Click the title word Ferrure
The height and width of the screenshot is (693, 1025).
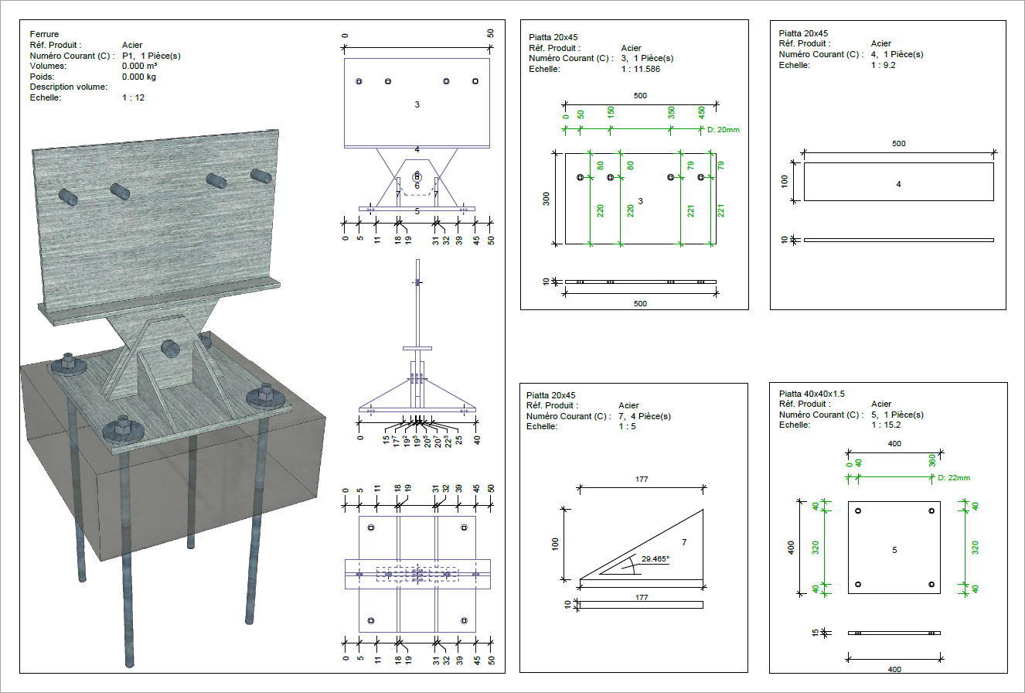click(44, 34)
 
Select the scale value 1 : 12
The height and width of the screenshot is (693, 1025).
click(133, 97)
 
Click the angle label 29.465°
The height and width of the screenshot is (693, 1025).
click(655, 559)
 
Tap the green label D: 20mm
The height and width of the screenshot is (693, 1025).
click(723, 129)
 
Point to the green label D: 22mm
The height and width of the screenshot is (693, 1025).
click(954, 477)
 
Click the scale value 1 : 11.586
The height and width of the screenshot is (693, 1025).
click(641, 69)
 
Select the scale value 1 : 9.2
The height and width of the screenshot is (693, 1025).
click(883, 65)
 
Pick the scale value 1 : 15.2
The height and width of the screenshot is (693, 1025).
click(886, 425)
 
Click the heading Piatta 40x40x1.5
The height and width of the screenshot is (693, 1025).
click(812, 394)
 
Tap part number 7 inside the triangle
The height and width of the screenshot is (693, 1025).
click(684, 542)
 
